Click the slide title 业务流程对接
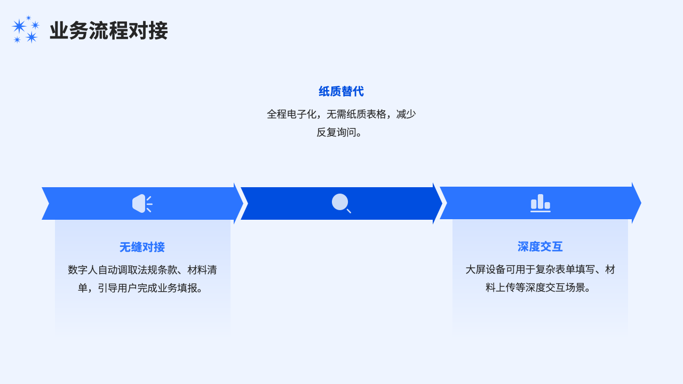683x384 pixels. (108, 31)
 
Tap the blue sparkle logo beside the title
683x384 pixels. (26, 30)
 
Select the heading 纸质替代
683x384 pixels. (341, 91)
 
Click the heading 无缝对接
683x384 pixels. (142, 247)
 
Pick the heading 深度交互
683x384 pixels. (540, 246)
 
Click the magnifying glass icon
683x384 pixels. (341, 203)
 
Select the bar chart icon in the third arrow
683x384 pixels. (540, 203)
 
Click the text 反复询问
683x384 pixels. (335, 132)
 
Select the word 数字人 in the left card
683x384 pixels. (83, 270)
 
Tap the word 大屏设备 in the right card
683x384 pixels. (485, 270)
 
